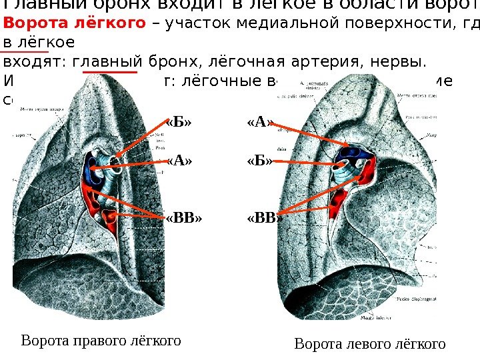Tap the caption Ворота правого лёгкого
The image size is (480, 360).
101,341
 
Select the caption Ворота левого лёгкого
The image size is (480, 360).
369,344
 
